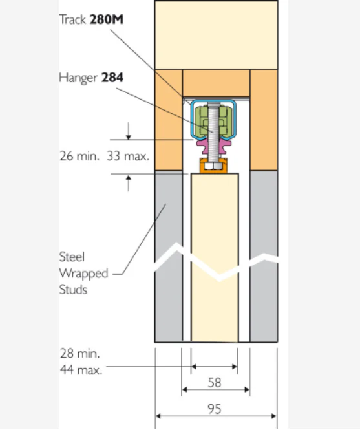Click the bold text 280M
tap(107, 19)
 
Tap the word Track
tap(73, 19)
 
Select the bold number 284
tap(112, 78)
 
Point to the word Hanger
tap(78, 78)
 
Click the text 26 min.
tap(79, 157)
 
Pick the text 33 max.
tap(128, 157)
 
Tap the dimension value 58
tap(215, 383)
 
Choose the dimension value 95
tap(215, 409)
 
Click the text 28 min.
tap(80, 354)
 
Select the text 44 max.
tap(81, 370)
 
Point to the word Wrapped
tap(83, 274)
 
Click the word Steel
tap(72, 257)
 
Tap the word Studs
tap(73, 290)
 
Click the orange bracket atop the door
tap(214, 166)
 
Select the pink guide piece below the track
tap(214, 146)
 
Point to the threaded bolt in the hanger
tap(214, 132)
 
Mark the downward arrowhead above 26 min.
tap(129, 137)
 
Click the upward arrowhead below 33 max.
tap(129, 178)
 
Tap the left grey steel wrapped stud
tap(169, 256)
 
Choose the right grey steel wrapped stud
tap(264, 256)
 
